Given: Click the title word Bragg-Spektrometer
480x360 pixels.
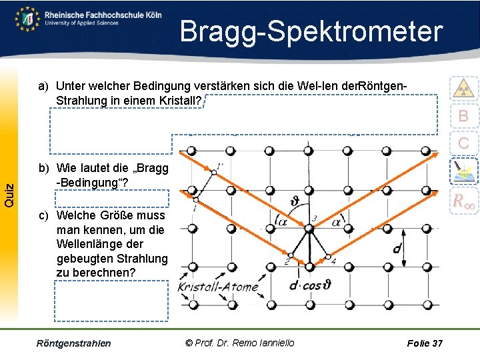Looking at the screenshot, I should tap(311, 32).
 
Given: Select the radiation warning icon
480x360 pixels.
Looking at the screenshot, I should tap(463, 88).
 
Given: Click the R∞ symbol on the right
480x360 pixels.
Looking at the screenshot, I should tap(463, 201).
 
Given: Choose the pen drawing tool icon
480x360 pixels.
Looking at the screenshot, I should tap(463, 171).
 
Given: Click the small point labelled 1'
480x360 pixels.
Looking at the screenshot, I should tap(212, 173).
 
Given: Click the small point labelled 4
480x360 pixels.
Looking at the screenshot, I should tap(328, 256).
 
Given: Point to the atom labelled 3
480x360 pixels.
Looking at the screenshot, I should tap(308, 229).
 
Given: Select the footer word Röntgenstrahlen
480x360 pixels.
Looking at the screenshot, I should tap(74, 343).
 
